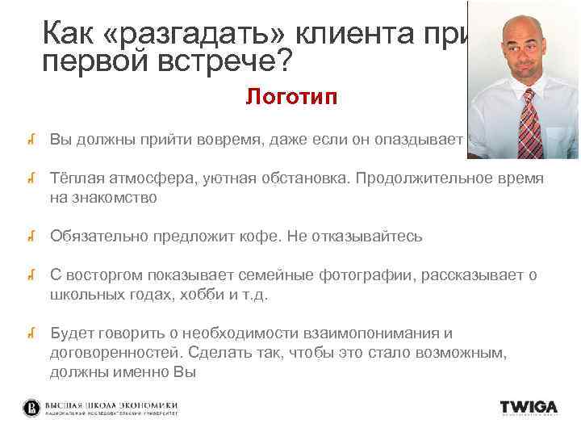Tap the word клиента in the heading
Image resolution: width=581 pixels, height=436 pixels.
[x=354, y=34]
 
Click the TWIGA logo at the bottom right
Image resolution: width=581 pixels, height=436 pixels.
[x=528, y=407]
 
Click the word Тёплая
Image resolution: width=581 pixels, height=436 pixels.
[x=74, y=178]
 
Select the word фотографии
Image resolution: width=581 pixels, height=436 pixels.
[x=356, y=276]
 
